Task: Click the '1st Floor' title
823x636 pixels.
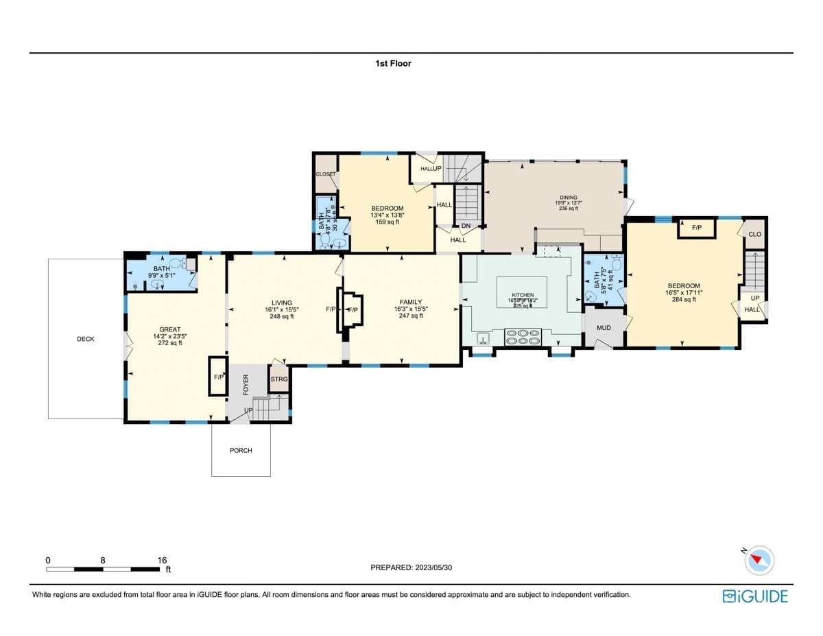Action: coord(393,63)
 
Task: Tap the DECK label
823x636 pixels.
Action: coord(86,339)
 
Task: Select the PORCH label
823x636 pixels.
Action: coord(241,450)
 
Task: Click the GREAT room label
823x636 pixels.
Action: coord(170,330)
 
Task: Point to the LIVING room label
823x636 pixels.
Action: coord(281,303)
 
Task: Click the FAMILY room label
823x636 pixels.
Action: coord(411,302)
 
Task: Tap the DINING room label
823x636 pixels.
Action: coord(568,198)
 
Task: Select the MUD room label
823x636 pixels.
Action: coord(604,328)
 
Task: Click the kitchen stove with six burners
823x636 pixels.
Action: coord(523,336)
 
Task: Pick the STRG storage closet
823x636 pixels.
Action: coord(278,379)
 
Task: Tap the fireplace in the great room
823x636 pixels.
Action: coord(218,376)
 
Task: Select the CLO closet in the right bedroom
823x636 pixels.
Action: coord(754,235)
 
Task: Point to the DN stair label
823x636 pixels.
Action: coord(466,226)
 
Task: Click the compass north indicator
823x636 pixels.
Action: coord(759,560)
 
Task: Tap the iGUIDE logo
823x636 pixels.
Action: coord(755,596)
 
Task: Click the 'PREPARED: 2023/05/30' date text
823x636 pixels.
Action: coord(411,567)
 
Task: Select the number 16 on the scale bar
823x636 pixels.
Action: coord(162,560)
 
